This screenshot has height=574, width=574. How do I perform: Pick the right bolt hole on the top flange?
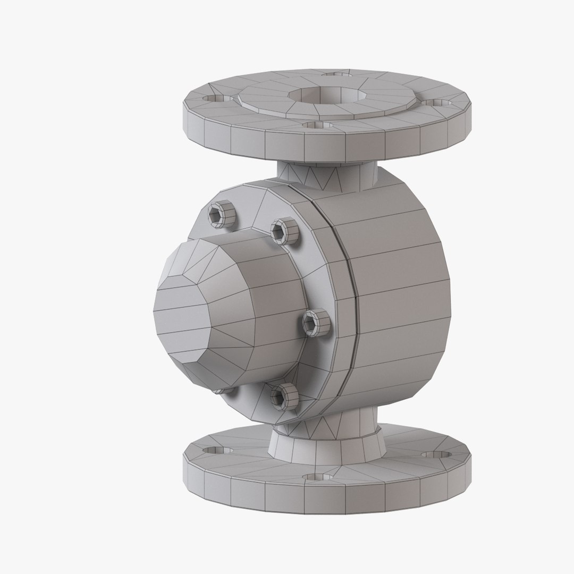(438, 102)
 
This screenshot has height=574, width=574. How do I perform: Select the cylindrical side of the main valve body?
(399, 298)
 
